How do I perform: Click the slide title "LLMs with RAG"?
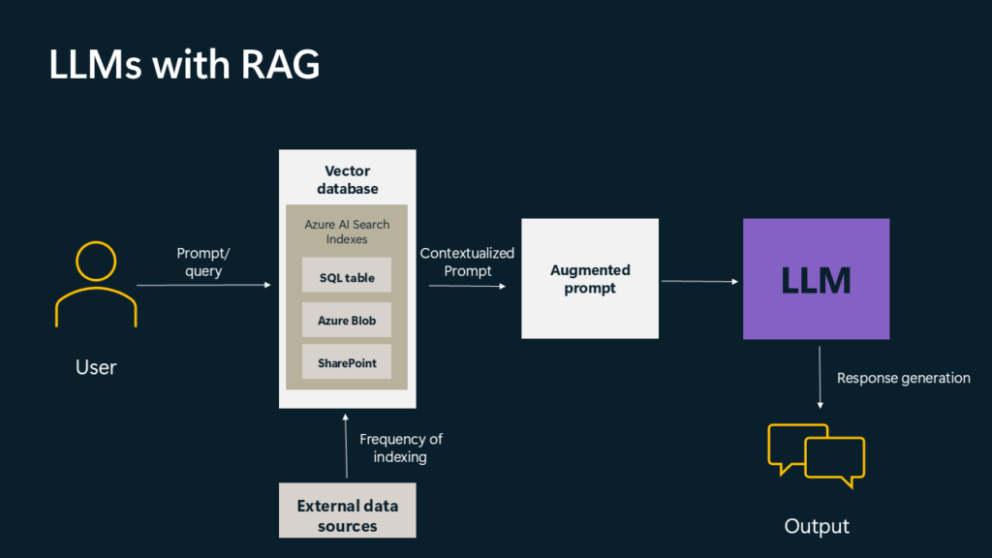click(184, 65)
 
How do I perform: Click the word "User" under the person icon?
click(95, 367)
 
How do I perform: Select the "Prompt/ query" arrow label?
click(203, 262)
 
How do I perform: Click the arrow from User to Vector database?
click(203, 285)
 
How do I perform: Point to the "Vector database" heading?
click(347, 179)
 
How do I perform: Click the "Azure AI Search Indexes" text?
click(347, 232)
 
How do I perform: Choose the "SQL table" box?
click(347, 277)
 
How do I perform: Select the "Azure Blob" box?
click(347, 320)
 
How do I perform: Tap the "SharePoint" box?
click(347, 363)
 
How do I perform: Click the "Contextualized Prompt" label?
click(467, 262)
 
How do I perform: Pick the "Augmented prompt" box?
click(589, 279)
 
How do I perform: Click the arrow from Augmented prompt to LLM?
click(699, 282)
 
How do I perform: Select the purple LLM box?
click(816, 279)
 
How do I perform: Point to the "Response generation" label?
click(903, 378)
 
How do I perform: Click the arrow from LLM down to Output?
click(821, 378)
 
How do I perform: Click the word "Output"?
click(816, 526)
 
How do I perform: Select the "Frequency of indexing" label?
click(400, 448)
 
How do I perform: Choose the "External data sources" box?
click(347, 515)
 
